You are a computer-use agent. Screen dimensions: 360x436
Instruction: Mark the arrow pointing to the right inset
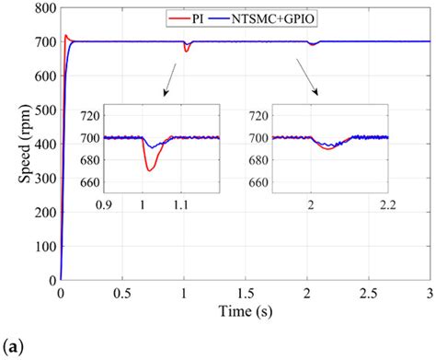[307, 80]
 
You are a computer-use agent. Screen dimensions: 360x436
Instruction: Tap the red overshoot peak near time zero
[65, 36]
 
